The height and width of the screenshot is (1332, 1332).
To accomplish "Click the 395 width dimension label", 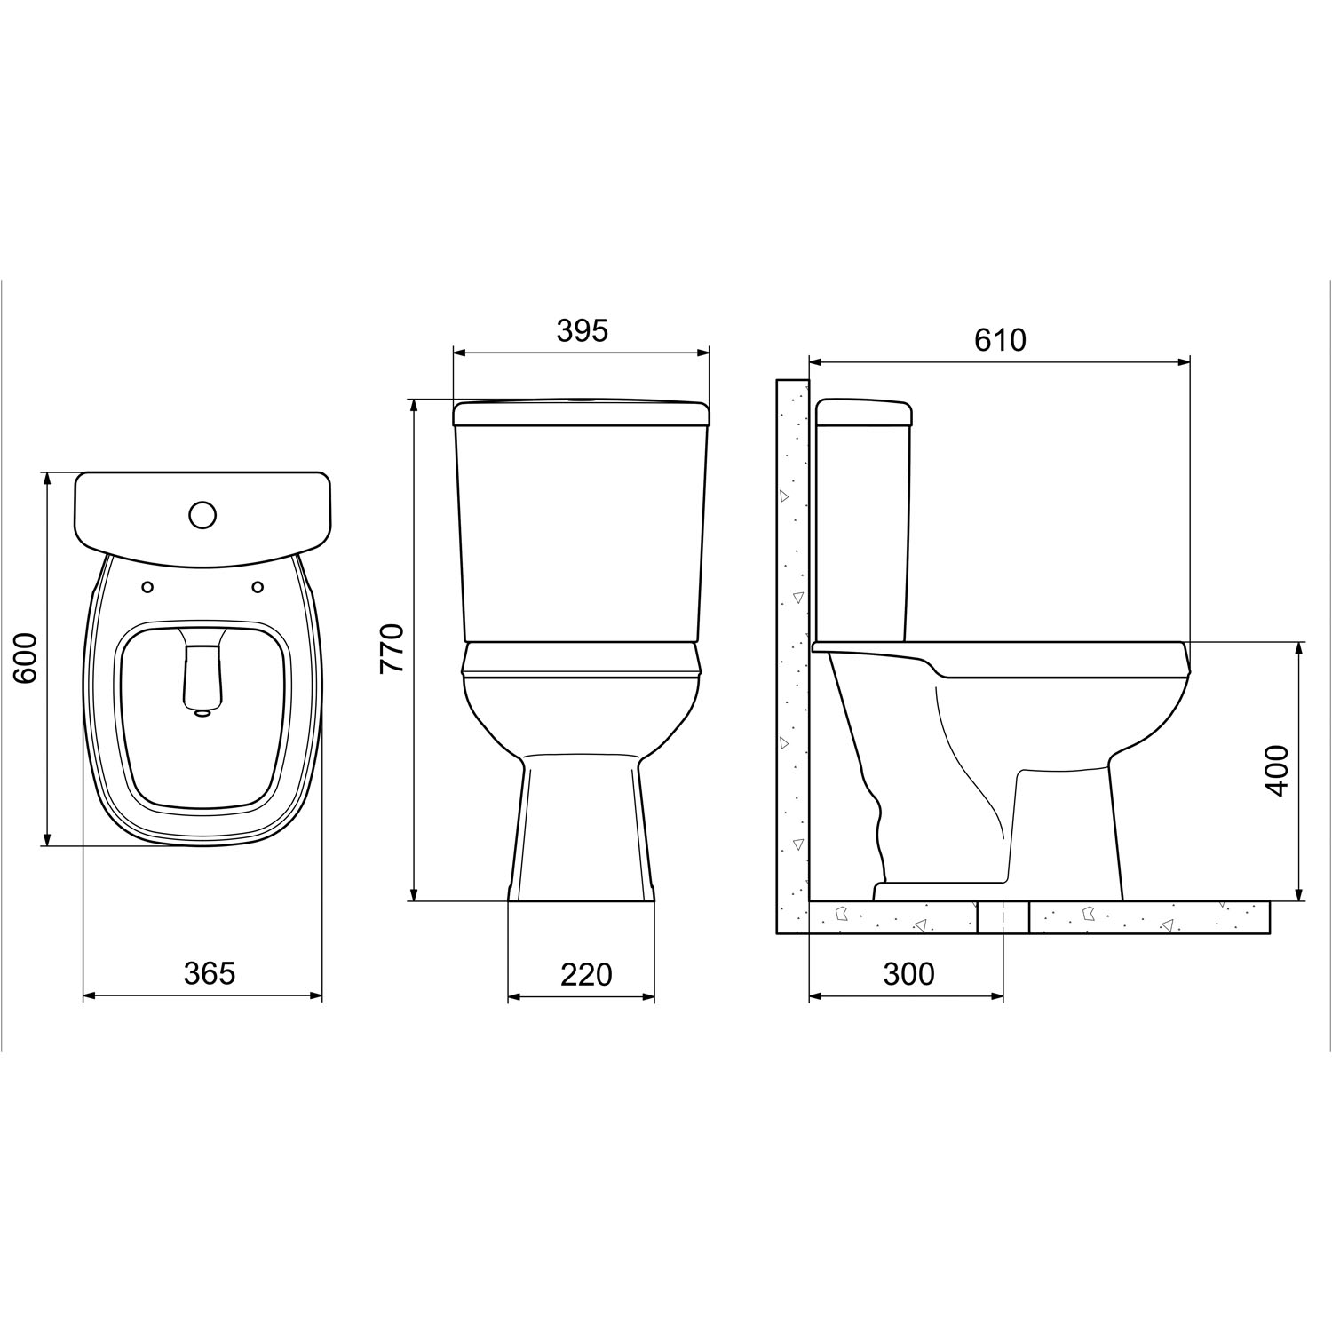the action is (x=582, y=330).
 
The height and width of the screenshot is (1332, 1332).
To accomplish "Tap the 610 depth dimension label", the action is (x=1000, y=340).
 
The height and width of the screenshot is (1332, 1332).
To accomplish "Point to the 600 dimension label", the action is (x=26, y=657).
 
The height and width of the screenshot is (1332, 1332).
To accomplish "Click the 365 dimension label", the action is (x=210, y=973).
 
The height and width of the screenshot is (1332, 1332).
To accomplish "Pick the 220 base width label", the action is (x=586, y=974).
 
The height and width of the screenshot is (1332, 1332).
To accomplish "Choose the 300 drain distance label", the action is (x=909, y=974).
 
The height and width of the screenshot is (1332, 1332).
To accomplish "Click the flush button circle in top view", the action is (x=202, y=514).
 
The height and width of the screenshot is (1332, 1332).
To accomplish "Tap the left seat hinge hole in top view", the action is (x=147, y=586).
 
